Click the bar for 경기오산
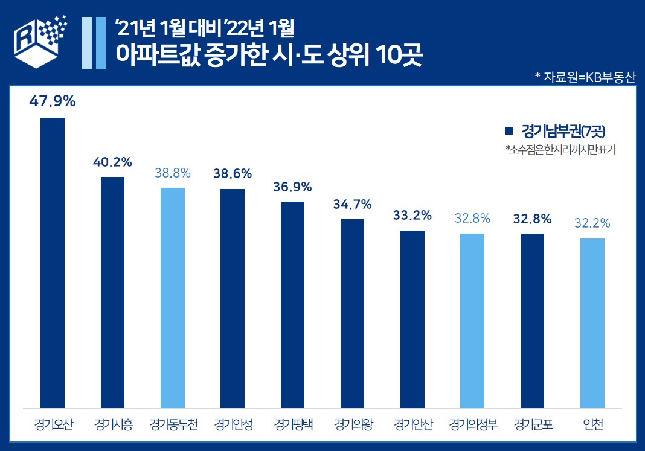52,263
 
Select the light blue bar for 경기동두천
173,298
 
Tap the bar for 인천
592,323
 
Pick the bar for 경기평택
292,305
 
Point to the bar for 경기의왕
352,313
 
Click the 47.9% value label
53,101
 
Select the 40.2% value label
112,162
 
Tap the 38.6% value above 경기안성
233,173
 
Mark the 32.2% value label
592,223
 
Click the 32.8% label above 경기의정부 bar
472,219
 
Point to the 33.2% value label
412,215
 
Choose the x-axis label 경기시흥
112,424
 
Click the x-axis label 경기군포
532,424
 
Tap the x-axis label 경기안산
412,424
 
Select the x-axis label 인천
592,424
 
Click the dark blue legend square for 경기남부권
509,130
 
